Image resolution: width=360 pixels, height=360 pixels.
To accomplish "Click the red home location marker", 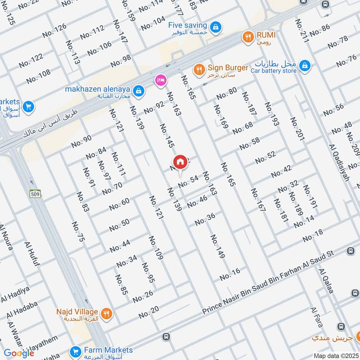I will click(x=180, y=162).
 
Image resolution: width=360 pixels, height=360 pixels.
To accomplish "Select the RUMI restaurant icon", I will click(x=247, y=37).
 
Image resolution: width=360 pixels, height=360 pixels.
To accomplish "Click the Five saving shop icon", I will click(x=216, y=27).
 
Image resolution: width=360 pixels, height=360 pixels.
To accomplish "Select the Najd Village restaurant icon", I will click(x=106, y=313).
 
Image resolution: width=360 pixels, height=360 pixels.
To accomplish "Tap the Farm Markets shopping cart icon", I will click(x=75, y=351).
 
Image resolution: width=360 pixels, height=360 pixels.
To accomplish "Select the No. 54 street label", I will click(x=188, y=181).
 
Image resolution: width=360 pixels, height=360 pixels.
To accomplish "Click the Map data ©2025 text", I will click(x=335, y=356).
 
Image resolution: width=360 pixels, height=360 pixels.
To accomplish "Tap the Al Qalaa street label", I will click(x=326, y=281).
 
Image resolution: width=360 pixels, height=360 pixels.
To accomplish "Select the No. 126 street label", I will click(x=54, y=30).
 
